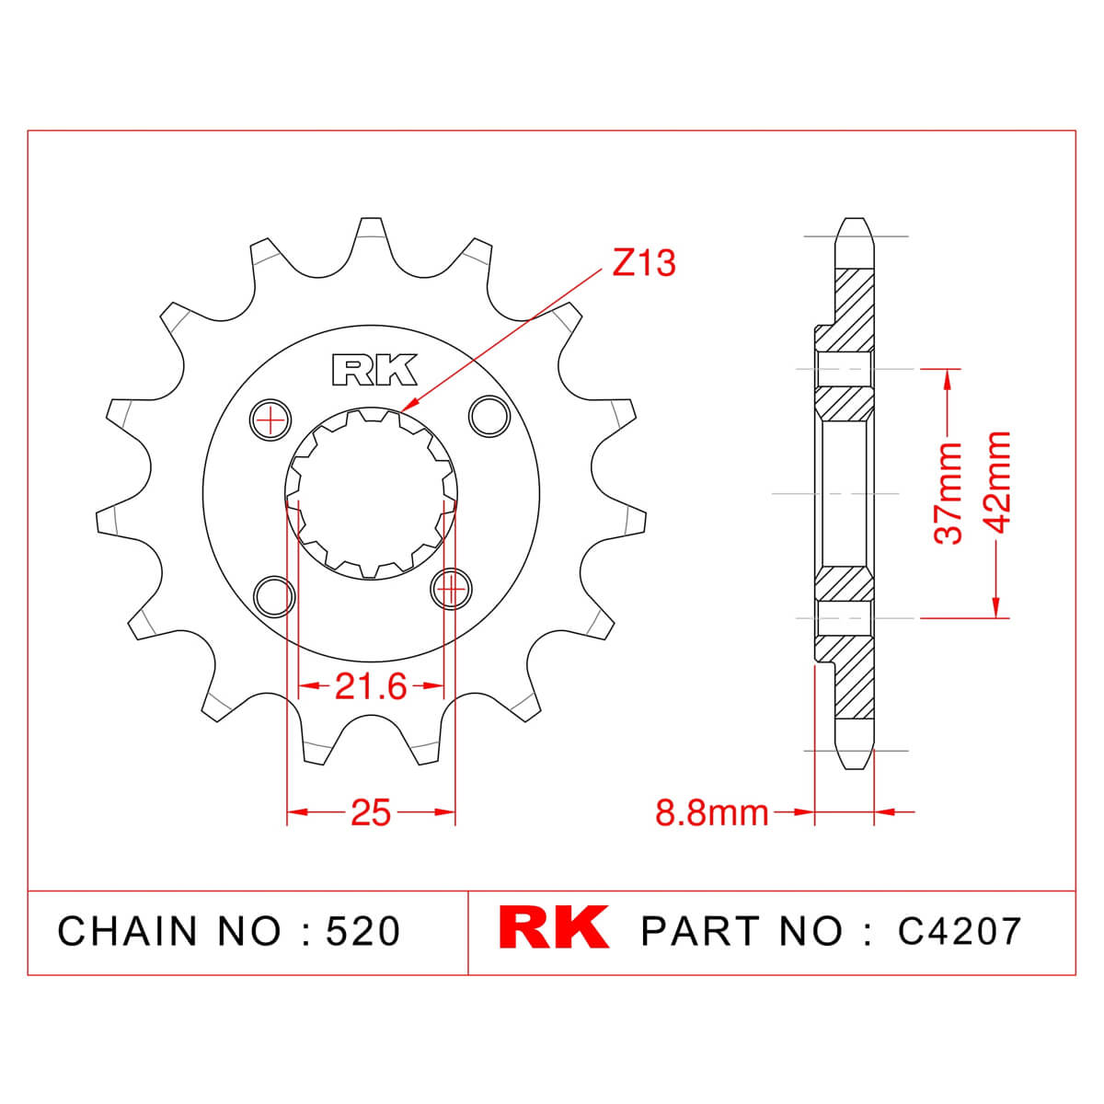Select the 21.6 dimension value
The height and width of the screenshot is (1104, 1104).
pos(371,686)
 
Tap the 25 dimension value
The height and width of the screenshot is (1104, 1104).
pos(371,812)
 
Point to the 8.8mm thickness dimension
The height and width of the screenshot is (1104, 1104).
pos(711,812)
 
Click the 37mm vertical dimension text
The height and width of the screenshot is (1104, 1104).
pos(949,493)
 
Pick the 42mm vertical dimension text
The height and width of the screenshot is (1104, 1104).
pos(995,482)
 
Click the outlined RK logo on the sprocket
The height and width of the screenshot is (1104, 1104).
pos(374,370)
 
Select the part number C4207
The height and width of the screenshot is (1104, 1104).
pos(960,931)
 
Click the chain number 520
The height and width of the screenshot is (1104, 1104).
pos(362,931)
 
